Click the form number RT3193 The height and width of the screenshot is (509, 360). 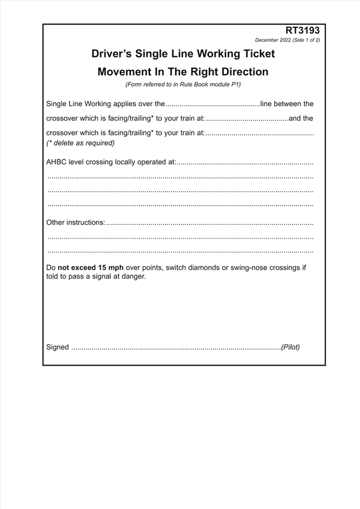303,30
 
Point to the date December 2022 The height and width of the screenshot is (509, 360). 272,40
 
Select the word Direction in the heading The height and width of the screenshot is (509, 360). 238,72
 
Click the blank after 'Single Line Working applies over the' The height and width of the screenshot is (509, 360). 212,104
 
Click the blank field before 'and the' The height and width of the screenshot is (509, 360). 247,119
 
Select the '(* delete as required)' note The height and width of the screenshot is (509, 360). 80,143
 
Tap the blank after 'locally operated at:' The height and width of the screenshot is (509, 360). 245,162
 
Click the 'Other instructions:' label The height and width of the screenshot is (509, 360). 76,222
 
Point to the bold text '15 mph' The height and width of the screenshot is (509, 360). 111,267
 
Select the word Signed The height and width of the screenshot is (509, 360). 58,347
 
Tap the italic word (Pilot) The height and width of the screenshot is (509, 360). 290,347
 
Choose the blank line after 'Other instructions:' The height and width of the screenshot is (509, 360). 210,223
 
